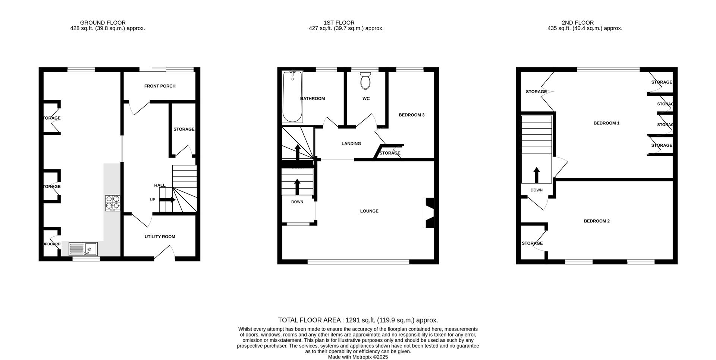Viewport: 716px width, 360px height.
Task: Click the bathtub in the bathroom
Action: (x=292, y=97)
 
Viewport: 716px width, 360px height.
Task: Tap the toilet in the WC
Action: (x=365, y=81)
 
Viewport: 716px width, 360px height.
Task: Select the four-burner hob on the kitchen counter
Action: (x=113, y=203)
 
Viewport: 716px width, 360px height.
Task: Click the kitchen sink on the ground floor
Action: (x=83, y=249)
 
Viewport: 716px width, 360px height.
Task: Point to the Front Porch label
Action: (x=160, y=86)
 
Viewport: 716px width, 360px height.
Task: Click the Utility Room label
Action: (x=160, y=237)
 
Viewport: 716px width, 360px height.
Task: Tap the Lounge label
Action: (x=369, y=211)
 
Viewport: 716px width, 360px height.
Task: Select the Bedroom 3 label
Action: (x=412, y=115)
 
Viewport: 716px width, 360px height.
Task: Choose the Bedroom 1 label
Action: (x=606, y=123)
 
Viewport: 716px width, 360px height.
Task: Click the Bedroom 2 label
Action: (x=597, y=221)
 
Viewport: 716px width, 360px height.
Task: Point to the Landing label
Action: (x=351, y=143)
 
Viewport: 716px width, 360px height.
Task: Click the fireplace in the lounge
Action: (x=429, y=212)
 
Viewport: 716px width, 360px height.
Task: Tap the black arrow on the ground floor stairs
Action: (x=167, y=200)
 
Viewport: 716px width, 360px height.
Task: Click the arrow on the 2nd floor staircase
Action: (x=536, y=175)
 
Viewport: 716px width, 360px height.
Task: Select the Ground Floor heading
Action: (x=103, y=23)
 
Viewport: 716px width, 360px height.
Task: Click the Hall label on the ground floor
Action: (x=160, y=185)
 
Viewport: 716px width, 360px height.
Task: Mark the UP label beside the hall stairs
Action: (x=152, y=200)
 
